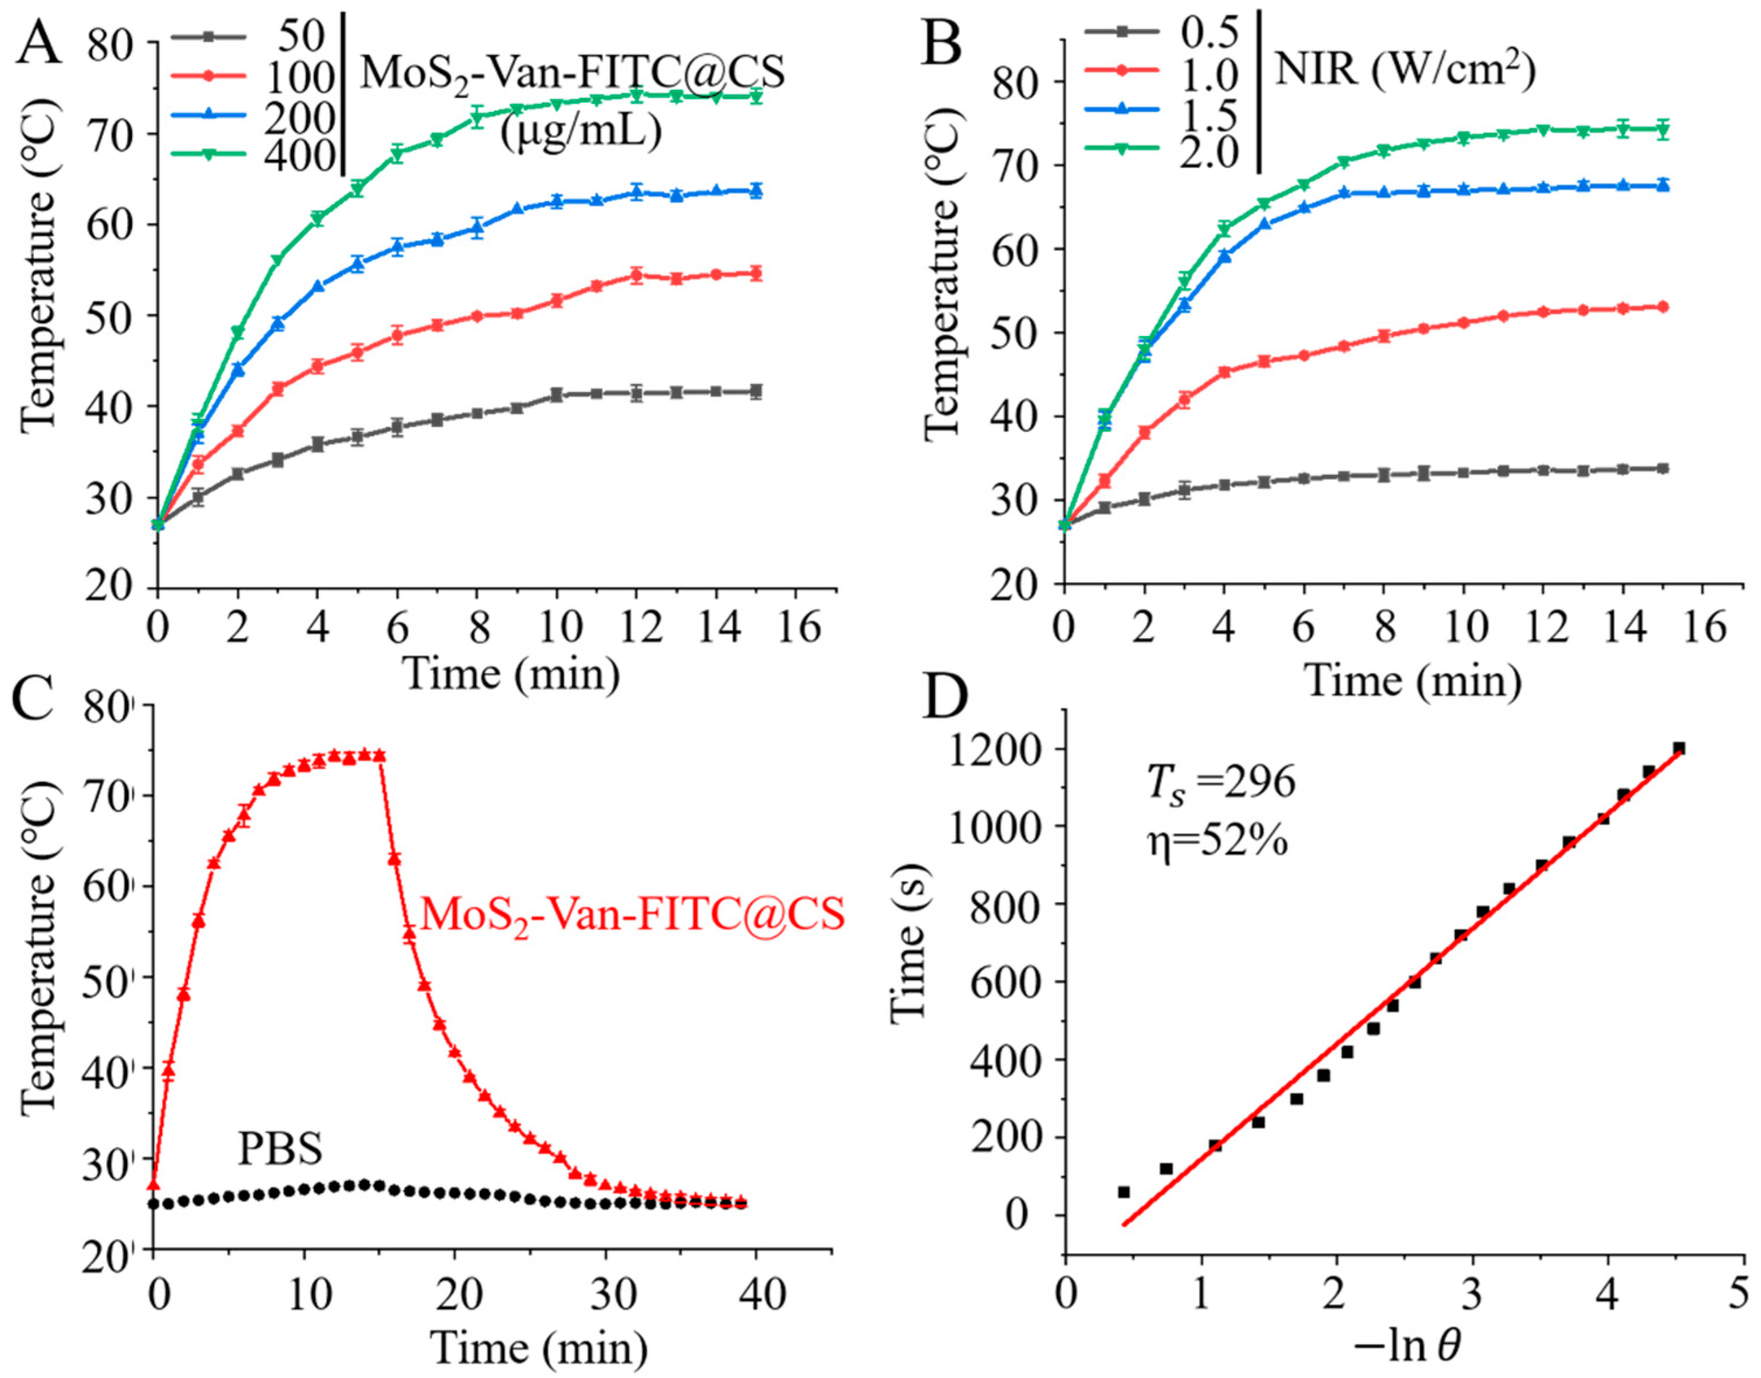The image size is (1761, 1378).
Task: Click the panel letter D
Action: [945, 700]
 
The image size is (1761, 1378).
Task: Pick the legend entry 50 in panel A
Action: [300, 36]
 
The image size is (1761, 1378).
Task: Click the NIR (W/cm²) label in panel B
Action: [1404, 71]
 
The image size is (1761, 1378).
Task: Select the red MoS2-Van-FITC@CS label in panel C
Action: [633, 916]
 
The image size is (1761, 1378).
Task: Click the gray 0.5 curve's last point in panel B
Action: [1662, 468]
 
